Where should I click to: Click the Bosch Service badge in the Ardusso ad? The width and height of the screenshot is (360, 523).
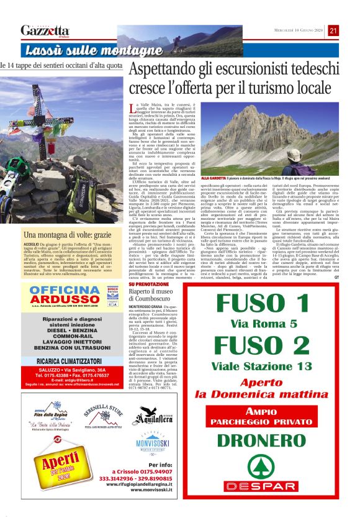(112, 289)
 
